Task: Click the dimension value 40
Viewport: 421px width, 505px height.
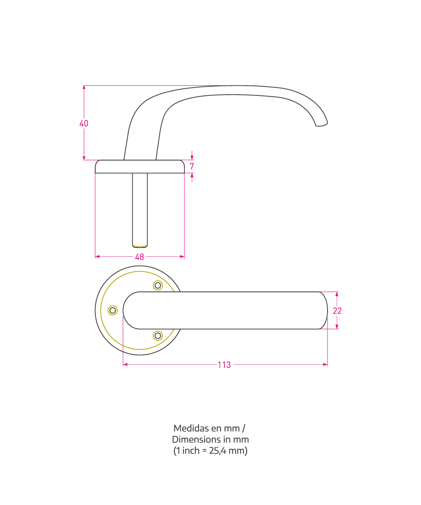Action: coord(84,123)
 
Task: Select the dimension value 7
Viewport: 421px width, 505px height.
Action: coord(192,166)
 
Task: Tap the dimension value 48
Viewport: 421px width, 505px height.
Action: coord(139,257)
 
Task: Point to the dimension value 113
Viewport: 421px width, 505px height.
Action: coord(224,365)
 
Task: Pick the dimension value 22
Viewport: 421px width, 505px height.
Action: coord(337,311)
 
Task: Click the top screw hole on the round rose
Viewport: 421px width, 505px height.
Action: coord(158,285)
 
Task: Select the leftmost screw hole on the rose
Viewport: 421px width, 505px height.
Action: coord(112,310)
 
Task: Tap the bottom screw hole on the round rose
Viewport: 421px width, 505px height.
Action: coord(158,336)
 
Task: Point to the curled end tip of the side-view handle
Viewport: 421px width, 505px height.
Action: coord(322,125)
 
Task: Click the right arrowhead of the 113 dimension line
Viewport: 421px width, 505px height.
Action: coord(325,364)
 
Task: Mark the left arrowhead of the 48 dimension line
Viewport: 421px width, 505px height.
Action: coord(97,257)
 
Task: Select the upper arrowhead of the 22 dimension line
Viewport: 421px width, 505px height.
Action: coord(337,294)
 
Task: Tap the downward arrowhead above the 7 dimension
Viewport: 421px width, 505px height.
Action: coord(192,157)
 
